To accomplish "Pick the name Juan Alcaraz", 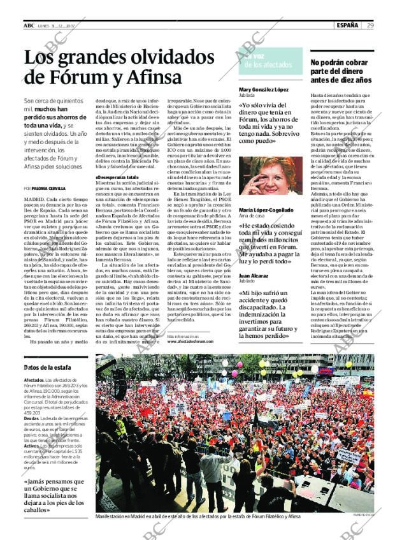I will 253,275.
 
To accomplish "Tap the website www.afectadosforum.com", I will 190,341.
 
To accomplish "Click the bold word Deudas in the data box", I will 32,418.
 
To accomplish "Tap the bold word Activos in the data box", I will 32,446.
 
